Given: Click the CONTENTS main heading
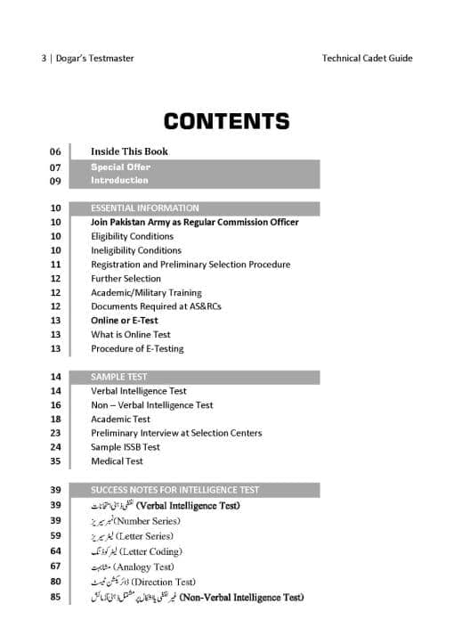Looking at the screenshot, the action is click(226, 121).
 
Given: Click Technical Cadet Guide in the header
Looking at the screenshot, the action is click(368, 59).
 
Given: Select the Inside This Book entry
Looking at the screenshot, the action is click(129, 151).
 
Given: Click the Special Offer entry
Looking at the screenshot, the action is click(120, 167).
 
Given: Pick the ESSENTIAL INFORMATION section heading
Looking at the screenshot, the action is click(144, 208).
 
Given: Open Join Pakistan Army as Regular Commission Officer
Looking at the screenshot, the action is click(194, 222).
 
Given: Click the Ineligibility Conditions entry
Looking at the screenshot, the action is click(135, 250).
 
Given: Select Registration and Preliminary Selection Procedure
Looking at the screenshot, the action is click(191, 265).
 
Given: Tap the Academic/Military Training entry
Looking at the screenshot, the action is click(146, 292).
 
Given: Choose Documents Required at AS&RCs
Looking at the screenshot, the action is click(156, 306).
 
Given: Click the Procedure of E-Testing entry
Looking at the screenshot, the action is click(137, 348).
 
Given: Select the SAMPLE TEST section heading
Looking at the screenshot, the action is click(119, 377).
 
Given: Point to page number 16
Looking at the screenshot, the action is click(55, 405).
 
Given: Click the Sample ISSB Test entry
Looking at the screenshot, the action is click(126, 447).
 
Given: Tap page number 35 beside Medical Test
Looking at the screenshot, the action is click(55, 461).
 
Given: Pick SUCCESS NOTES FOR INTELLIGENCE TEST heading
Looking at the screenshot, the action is click(174, 490).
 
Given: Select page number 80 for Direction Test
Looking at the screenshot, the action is click(55, 582).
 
